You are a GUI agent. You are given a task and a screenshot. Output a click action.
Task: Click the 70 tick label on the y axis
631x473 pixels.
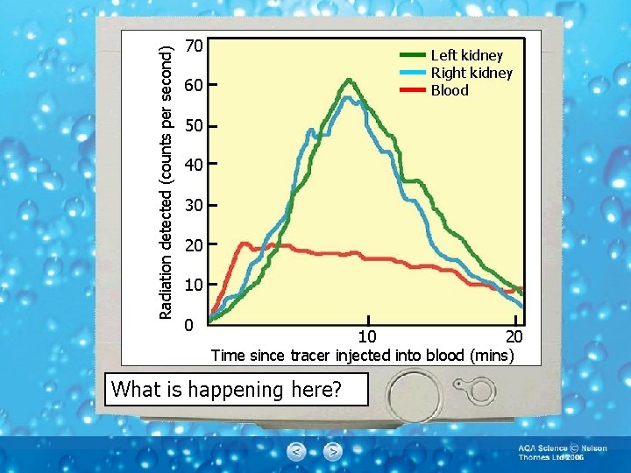click(195, 46)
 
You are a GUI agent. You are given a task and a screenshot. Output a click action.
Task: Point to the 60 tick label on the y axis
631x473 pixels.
click(195, 86)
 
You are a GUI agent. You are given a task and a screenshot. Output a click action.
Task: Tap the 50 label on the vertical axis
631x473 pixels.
click(195, 126)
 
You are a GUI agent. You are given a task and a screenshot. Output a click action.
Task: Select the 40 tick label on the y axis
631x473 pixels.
click(195, 166)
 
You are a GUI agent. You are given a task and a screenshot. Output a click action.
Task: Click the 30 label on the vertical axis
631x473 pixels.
click(195, 206)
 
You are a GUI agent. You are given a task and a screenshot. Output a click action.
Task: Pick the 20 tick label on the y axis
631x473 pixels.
click(195, 246)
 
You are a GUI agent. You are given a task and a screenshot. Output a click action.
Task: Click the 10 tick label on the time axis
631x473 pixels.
click(368, 337)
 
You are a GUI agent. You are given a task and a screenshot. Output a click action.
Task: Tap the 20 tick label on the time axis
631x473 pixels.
click(514, 337)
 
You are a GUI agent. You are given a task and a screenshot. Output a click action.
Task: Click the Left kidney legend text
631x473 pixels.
click(466, 56)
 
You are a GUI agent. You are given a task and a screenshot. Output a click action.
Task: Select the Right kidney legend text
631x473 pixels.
click(471, 73)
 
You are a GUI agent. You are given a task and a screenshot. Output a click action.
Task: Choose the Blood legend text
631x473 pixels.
click(449, 90)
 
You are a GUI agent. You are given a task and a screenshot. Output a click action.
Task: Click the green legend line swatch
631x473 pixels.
click(412, 55)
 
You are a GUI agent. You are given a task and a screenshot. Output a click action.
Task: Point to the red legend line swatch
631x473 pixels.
click(412, 89)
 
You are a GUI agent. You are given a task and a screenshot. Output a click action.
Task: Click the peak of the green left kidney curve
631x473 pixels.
click(349, 80)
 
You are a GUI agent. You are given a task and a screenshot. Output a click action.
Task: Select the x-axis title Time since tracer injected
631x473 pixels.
click(362, 355)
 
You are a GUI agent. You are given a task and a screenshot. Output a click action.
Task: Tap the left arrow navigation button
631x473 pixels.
click(297, 452)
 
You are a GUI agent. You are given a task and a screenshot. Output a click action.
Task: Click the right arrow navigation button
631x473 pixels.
click(332, 452)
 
